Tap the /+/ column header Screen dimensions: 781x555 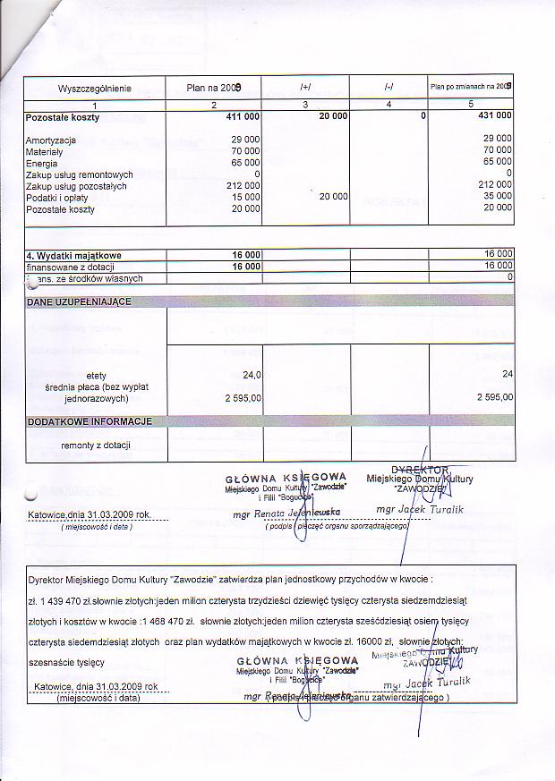[305, 88]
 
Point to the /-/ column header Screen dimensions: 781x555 [388, 88]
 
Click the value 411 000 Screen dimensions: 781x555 [243, 117]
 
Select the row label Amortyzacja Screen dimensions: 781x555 [50, 140]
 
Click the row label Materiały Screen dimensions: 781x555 [46, 152]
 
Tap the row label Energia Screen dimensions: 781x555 [42, 164]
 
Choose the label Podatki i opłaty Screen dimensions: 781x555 [55, 198]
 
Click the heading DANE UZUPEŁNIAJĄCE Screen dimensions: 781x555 [79, 302]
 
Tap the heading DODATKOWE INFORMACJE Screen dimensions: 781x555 [90, 421]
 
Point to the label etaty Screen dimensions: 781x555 [96, 375]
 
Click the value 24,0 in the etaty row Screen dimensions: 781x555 [252, 375]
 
